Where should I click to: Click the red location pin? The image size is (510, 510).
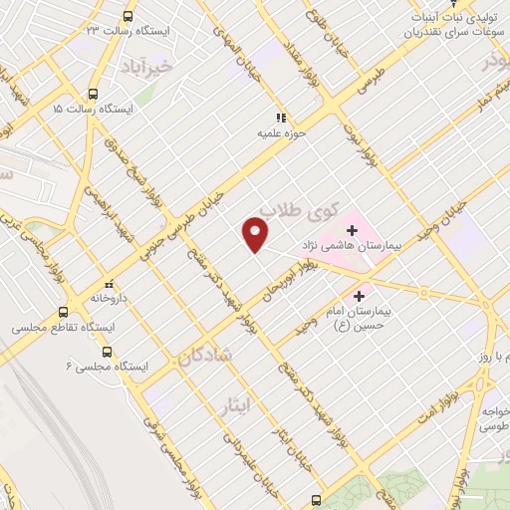pyautogui.click(x=256, y=235)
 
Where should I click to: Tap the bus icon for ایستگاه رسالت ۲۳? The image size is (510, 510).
pyautogui.click(x=127, y=16)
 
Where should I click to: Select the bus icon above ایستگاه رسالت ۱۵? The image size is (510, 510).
pyautogui.click(x=94, y=87)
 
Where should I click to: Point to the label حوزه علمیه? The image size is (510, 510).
pyautogui.click(x=283, y=130)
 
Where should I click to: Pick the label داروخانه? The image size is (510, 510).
pyautogui.click(x=111, y=297)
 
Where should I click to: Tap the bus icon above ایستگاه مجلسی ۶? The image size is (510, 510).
pyautogui.click(x=107, y=351)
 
